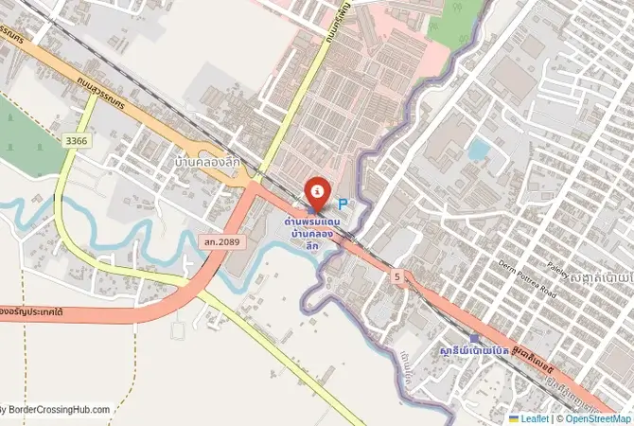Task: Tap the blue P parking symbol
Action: (x=343, y=203)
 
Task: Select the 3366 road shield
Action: (x=77, y=141)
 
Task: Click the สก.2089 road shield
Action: (x=222, y=243)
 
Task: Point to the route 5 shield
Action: (x=397, y=276)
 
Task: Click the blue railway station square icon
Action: (x=474, y=338)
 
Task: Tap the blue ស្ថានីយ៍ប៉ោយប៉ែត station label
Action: (x=474, y=351)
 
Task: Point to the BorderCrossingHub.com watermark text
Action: (x=57, y=410)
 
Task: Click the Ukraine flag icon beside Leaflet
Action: (x=514, y=418)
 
